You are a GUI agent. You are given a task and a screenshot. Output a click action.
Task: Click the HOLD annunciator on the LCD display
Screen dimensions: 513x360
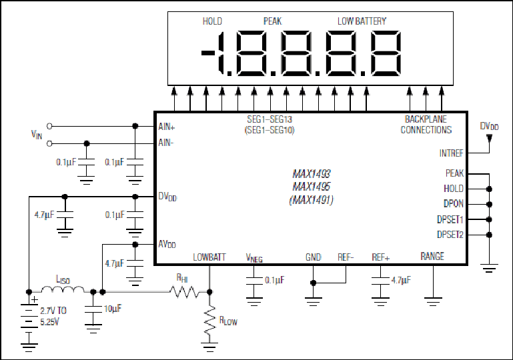click(x=212, y=21)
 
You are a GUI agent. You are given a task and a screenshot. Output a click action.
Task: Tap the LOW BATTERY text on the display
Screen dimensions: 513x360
click(x=362, y=21)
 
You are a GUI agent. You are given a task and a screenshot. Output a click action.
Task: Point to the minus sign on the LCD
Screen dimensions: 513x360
click(x=207, y=53)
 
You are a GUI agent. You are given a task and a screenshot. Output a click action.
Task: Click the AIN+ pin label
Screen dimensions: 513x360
click(x=167, y=127)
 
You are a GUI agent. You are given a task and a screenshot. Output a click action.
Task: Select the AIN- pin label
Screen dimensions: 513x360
click(x=166, y=143)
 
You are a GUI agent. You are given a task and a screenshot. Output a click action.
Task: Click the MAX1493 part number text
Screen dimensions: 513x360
click(x=312, y=173)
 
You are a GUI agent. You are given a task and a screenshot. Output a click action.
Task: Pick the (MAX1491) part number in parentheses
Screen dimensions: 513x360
click(x=312, y=199)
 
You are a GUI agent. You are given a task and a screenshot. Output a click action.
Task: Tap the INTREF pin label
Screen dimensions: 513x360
click(x=451, y=153)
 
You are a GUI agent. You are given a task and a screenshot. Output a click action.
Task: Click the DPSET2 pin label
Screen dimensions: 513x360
click(x=450, y=235)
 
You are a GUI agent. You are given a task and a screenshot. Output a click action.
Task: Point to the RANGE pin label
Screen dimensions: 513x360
click(x=432, y=256)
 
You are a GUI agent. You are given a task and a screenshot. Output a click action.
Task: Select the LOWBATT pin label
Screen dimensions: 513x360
click(x=209, y=257)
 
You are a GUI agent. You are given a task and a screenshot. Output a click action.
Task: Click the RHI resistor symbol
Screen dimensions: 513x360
click(x=185, y=291)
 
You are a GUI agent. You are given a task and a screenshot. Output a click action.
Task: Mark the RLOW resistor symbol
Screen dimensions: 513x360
click(x=209, y=320)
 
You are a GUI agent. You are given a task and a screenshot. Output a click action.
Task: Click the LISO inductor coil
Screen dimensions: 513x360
click(x=63, y=289)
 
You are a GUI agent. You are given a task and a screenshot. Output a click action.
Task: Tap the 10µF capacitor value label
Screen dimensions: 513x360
click(x=113, y=309)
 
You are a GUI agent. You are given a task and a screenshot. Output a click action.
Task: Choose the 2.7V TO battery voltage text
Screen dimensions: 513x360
click(x=53, y=310)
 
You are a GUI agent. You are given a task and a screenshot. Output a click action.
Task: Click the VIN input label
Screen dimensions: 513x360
click(x=37, y=135)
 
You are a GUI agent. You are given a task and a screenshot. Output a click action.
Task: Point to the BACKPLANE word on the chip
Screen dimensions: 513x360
click(x=426, y=119)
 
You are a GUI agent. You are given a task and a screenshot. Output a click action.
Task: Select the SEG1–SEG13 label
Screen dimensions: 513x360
click(x=270, y=119)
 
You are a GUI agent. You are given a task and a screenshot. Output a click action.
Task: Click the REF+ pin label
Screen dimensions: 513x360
click(x=381, y=257)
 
